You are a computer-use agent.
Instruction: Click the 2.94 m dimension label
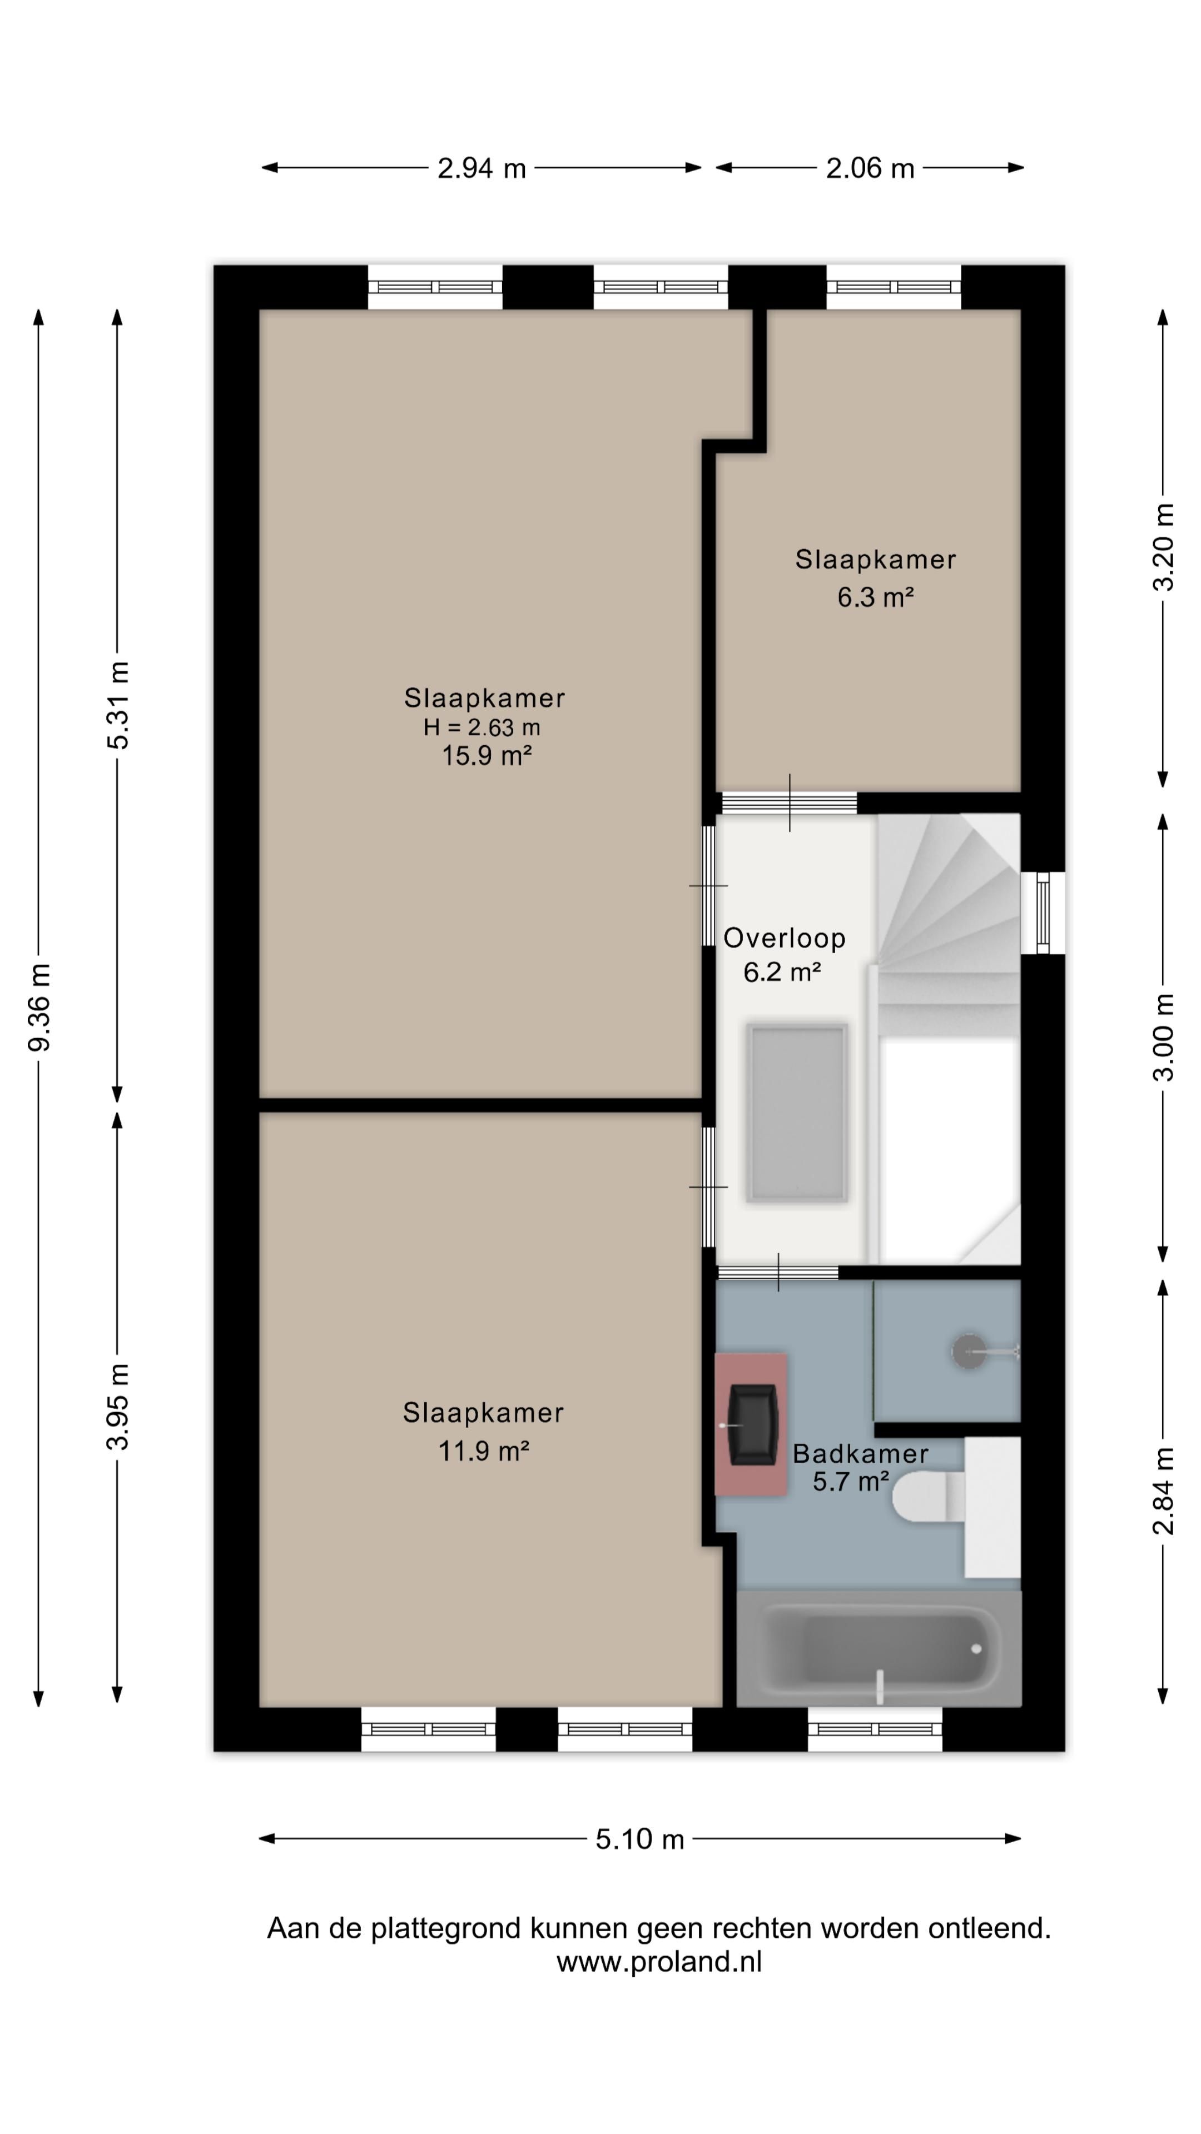point(482,168)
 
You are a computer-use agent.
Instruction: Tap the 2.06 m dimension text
point(870,168)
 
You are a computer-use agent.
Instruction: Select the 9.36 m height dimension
point(39,1006)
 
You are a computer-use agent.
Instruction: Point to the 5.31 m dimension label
point(118,705)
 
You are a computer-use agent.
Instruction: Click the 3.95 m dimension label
point(118,1406)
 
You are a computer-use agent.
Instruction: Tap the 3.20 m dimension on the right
point(1164,547)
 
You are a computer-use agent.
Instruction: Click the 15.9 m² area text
point(487,756)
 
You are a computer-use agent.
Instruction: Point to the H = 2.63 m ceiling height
point(482,727)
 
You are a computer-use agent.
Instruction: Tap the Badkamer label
point(860,1453)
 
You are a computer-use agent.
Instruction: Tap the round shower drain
point(967,1351)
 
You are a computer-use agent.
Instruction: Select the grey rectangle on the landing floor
point(797,1113)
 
